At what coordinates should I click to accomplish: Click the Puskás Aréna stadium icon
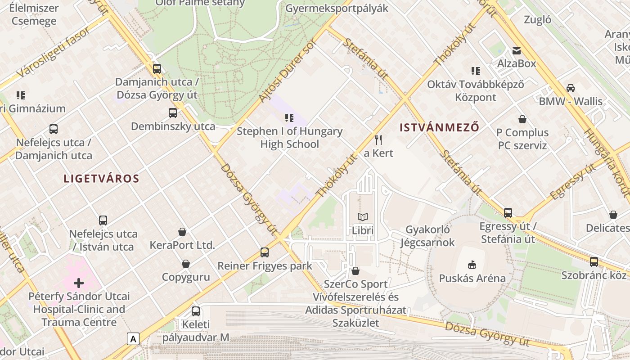point(472,264)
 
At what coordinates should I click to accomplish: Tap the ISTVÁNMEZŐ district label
point(439,127)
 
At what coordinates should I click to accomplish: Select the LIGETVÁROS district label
point(101,179)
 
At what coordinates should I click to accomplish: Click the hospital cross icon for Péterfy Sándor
point(79,283)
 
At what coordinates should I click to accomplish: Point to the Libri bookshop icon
point(363,217)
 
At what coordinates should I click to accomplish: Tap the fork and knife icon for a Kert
point(378,139)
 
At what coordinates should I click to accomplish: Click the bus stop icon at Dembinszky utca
point(173,113)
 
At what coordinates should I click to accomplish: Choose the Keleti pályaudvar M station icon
point(196,311)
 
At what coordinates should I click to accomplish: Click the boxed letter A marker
point(133,338)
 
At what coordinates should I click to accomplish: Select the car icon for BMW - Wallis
point(571,88)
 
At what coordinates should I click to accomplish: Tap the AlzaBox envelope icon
point(516,50)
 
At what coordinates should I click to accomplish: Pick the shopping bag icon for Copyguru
point(186,264)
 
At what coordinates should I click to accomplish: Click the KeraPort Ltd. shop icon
point(182,232)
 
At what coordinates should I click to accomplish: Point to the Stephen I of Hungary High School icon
point(289,118)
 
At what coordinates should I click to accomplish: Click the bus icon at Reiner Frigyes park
point(265,252)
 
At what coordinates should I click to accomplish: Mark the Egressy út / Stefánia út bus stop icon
point(508,212)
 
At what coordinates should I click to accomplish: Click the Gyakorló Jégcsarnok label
point(427,236)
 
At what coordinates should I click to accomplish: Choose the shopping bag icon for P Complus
point(522,119)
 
